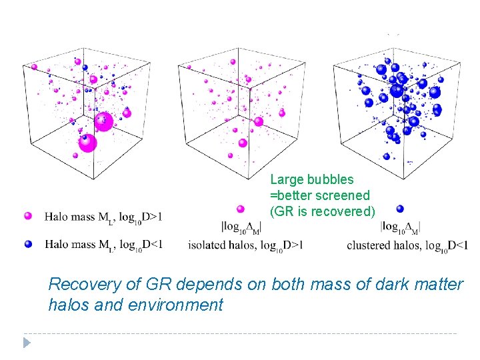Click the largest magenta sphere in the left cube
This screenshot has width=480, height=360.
(x=103, y=121)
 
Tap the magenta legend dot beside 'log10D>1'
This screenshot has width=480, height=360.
(x=27, y=216)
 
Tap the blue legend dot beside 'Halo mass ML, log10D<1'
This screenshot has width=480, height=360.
(x=27, y=244)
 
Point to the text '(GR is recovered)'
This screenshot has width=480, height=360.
(x=323, y=211)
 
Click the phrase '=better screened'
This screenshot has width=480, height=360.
(x=319, y=195)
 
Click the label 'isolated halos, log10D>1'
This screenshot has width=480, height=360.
(x=245, y=245)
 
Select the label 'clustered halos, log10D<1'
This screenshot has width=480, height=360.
(x=407, y=245)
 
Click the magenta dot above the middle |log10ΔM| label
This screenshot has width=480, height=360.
(x=240, y=209)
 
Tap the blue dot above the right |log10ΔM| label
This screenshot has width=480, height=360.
(x=399, y=209)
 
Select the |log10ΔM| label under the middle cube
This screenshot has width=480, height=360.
(x=241, y=226)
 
